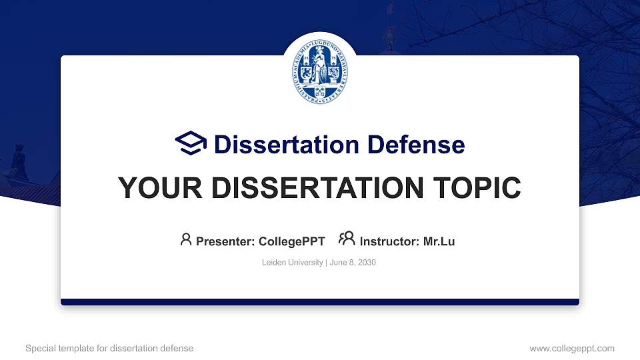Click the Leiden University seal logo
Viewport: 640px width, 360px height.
point(321,71)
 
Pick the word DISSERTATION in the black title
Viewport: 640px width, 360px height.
point(314,189)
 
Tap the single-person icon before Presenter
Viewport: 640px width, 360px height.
point(186,240)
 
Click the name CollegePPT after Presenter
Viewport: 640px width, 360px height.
point(291,241)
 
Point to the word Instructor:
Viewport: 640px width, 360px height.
point(389,241)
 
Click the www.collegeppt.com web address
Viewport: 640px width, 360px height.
point(571,348)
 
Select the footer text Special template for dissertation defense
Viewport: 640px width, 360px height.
point(109,348)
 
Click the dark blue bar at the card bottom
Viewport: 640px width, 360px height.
point(320,302)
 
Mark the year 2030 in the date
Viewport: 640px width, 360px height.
point(367,263)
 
